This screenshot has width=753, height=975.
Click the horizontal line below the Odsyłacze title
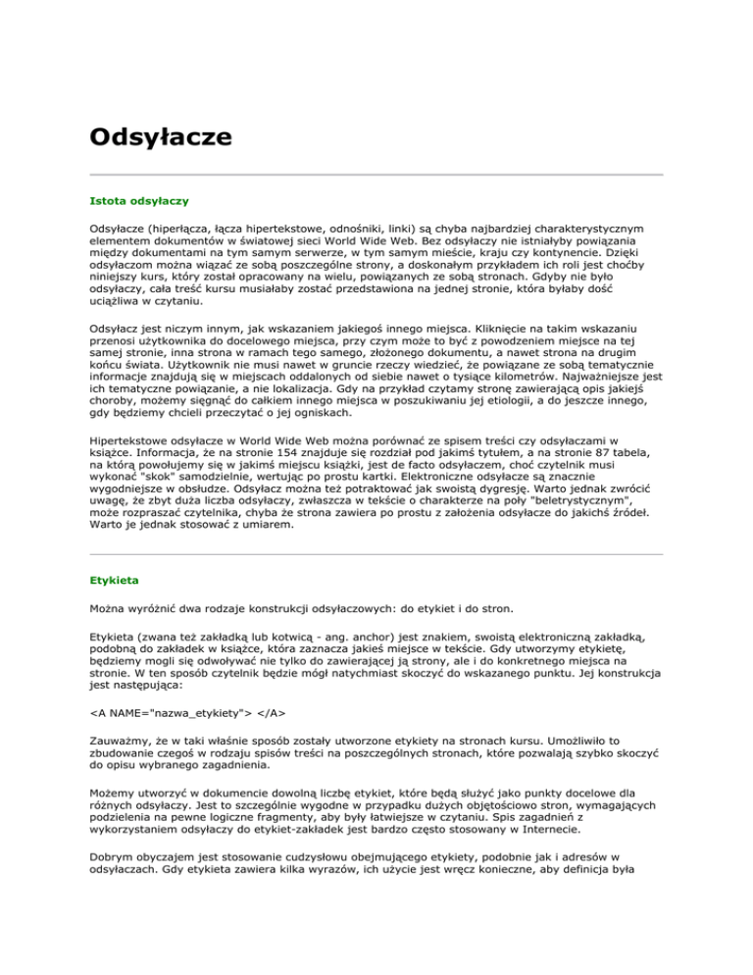click(x=376, y=174)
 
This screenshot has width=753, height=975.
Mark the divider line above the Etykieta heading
click(x=376, y=554)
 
